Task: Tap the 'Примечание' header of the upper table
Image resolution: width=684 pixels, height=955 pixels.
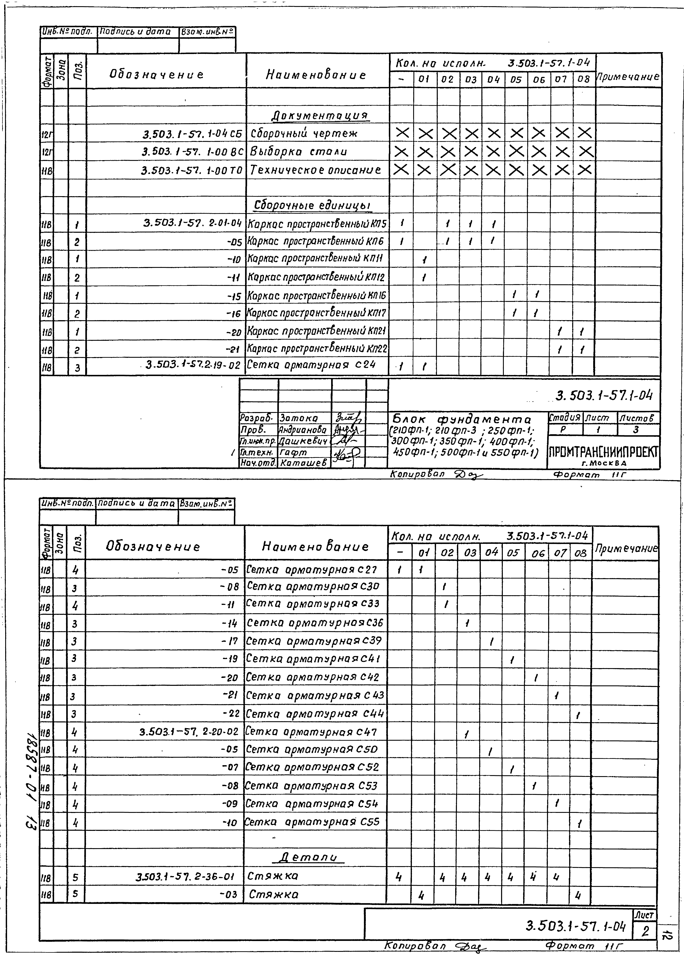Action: pyautogui.click(x=628, y=77)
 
